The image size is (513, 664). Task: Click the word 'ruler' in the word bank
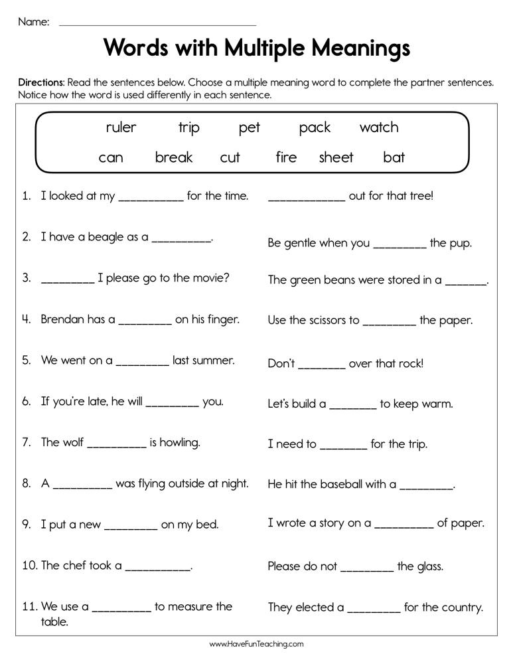point(121,127)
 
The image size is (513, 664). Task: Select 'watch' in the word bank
point(379,127)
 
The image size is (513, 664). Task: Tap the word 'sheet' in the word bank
point(336,157)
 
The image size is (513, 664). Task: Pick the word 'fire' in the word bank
point(286,157)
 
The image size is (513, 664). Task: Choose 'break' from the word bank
point(174,157)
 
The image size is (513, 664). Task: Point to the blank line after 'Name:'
point(157,24)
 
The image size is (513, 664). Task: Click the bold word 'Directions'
point(40,83)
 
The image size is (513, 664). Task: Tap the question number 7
point(27,442)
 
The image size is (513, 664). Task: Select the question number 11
point(29,606)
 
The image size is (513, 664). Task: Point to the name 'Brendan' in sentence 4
point(64,319)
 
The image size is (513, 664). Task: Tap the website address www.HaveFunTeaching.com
point(256,643)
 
